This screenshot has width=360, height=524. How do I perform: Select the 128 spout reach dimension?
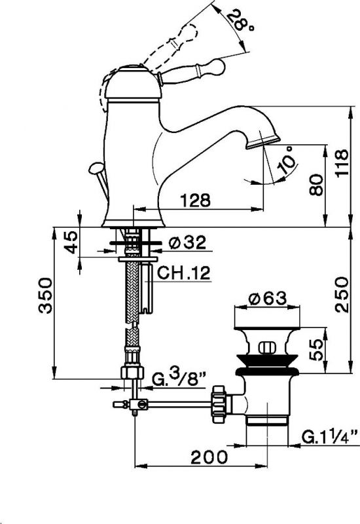coord(196,200)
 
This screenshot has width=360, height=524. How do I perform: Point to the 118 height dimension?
coord(342,163)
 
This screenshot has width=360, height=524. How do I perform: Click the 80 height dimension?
coord(316,185)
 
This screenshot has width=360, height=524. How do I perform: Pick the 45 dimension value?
coord(71,242)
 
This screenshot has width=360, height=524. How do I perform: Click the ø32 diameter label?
coord(187,242)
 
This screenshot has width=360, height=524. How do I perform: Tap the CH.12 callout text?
coord(184,272)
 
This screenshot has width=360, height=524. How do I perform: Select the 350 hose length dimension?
coord(45,295)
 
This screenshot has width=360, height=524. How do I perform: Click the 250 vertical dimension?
coord(342,294)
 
